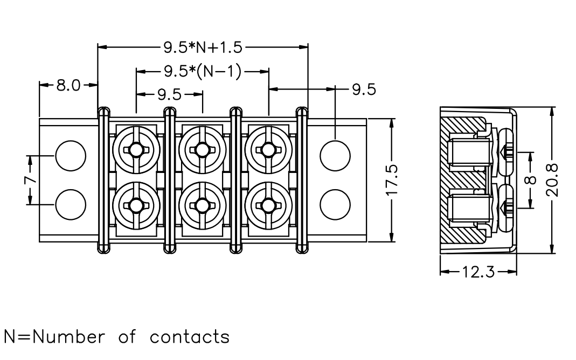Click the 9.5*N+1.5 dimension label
coord(203,47)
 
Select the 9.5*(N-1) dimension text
coord(203,72)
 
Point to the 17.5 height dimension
coord(392,180)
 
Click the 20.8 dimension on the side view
coord(552,180)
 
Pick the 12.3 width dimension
coord(478,272)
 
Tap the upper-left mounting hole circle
coord(70,156)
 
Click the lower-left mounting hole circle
coord(70,205)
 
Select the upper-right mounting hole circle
coord(335,156)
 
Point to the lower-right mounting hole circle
coord(335,205)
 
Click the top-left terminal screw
coord(136,150)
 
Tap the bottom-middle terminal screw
coord(202,205)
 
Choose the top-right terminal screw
coord(268,150)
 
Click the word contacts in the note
coord(190,337)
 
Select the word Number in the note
coord(68,337)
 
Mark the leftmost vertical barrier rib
coord(103,180)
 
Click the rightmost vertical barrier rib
coord(302,180)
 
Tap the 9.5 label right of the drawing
coord(364,89)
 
